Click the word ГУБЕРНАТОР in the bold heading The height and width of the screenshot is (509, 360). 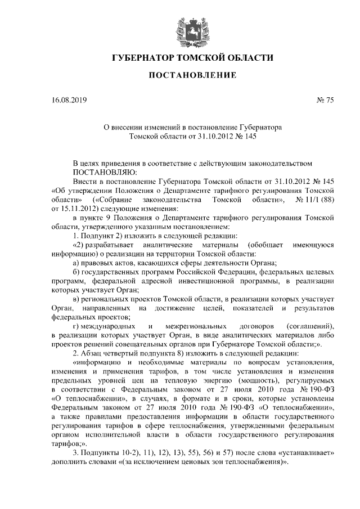pyautogui.click(x=143, y=58)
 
